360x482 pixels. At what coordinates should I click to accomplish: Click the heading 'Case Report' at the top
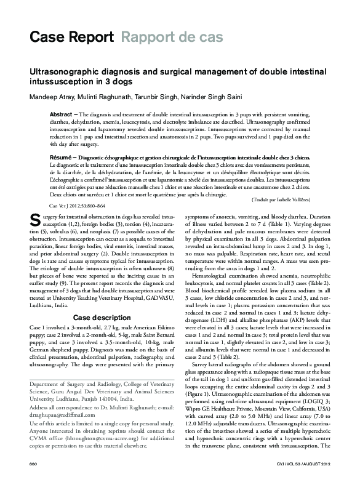(71, 37)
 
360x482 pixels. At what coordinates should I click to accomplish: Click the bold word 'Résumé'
(62, 158)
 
